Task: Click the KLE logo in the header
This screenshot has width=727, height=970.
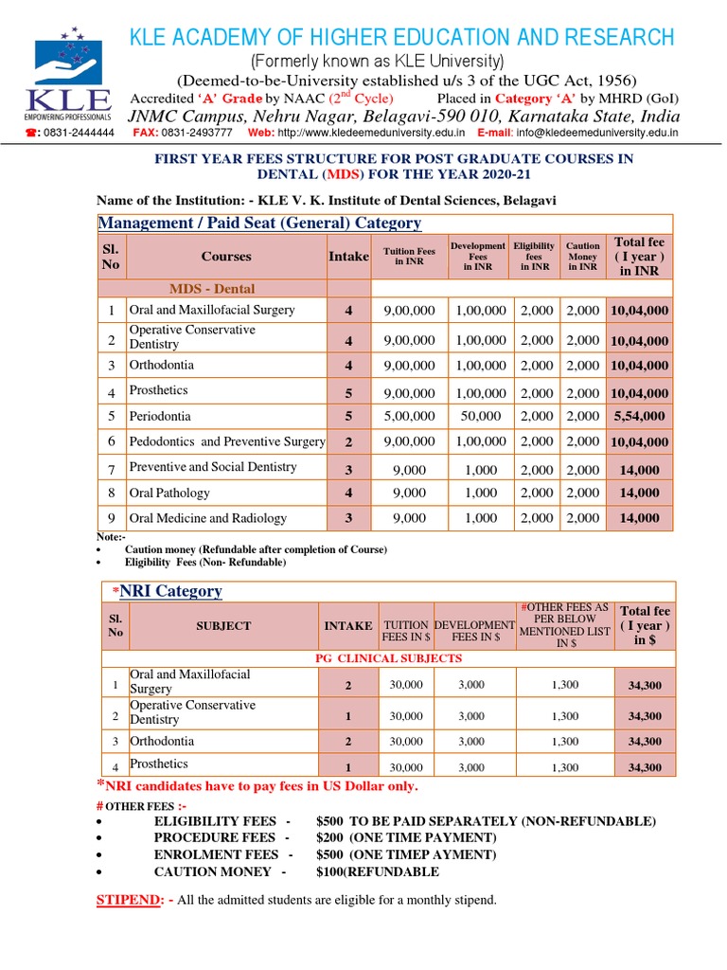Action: [72, 79]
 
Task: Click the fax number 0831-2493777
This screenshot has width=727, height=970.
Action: [196, 134]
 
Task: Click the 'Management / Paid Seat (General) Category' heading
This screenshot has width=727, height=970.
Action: [260, 224]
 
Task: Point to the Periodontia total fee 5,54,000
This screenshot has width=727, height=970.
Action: [639, 416]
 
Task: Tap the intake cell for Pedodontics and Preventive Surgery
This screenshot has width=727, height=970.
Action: [348, 442]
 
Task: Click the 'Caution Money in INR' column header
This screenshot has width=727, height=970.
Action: [583, 257]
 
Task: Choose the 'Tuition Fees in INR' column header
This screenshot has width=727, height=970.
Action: [409, 257]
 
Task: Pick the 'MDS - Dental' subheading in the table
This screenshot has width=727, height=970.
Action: [212, 289]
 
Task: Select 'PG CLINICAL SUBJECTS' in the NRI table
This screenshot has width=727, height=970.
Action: [388, 658]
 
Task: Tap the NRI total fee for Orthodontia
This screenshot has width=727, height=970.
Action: [645, 742]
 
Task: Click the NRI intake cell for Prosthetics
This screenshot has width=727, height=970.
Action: [347, 767]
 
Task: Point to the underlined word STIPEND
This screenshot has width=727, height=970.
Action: [129, 900]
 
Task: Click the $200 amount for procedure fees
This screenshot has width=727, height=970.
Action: [330, 837]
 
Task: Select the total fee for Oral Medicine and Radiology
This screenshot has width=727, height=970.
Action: [639, 518]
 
